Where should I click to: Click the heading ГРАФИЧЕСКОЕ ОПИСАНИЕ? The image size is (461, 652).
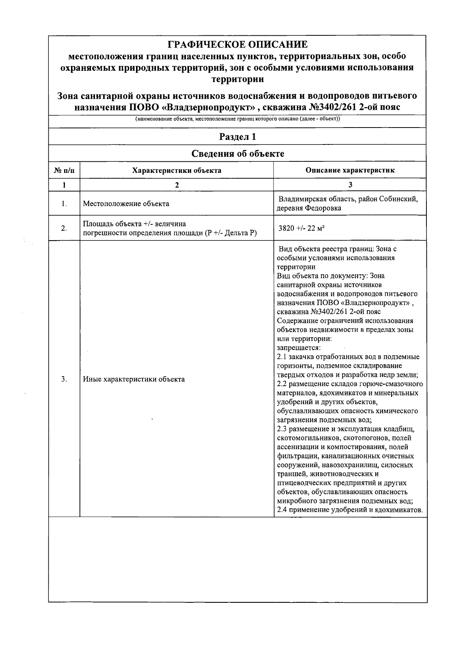[237, 45]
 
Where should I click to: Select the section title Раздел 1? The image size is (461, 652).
[237, 137]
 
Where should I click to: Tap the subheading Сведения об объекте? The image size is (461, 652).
[237, 154]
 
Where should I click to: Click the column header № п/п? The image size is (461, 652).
[64, 170]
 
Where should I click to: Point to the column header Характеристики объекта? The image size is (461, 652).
[177, 170]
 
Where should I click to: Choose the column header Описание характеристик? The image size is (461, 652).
[350, 170]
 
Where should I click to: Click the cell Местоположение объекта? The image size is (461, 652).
[126, 204]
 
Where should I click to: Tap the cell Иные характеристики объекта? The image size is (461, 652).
[134, 379]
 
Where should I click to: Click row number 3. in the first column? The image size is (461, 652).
[64, 379]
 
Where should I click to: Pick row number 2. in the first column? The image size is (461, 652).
[64, 229]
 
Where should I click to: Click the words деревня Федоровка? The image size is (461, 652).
[309, 208]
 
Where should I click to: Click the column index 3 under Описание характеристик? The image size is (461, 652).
[350, 185]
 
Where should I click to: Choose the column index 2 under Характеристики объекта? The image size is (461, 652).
[177, 185]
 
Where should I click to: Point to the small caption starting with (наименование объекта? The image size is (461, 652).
[237, 119]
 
